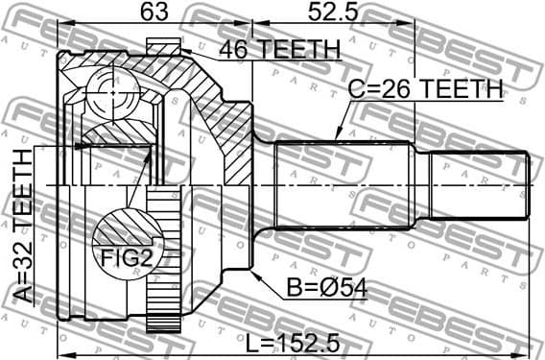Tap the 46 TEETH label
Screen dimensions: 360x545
tap(279, 49)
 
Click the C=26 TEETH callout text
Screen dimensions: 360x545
tap(424, 89)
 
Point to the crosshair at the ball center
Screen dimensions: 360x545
tap(114, 91)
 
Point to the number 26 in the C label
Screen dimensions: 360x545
tap(393, 89)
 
